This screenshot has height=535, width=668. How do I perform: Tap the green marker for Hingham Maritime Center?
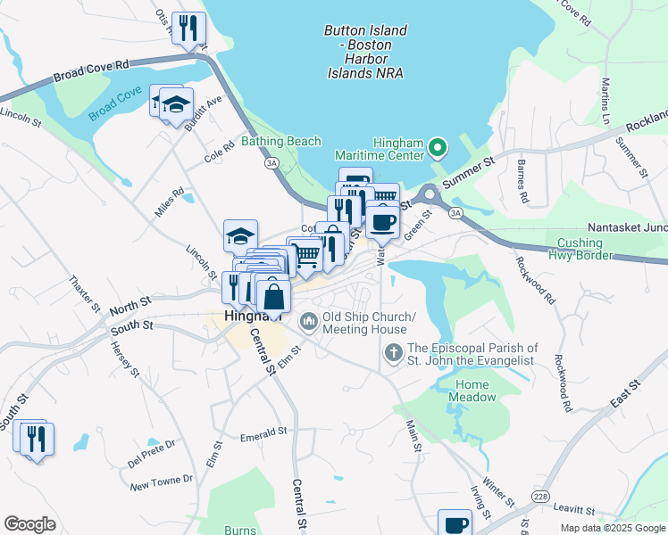click(x=437, y=146)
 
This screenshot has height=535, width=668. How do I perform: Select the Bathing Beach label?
click(x=281, y=142)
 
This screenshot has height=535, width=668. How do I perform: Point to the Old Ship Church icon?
click(x=308, y=319)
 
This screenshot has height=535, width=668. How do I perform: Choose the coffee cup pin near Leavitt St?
click(x=455, y=523)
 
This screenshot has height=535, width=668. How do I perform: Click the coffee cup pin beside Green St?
click(x=383, y=221)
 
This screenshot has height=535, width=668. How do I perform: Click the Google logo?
click(x=29, y=523)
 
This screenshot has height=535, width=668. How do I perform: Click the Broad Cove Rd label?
click(x=91, y=70)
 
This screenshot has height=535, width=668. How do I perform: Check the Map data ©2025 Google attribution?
click(x=612, y=528)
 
